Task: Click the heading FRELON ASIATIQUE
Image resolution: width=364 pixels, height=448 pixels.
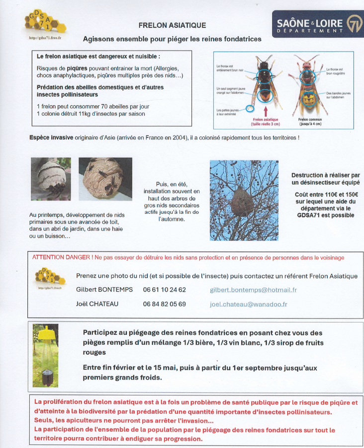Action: (172, 25)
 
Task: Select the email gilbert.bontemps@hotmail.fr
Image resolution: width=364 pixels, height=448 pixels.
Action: (253, 290)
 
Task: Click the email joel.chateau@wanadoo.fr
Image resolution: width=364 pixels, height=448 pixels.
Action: (249, 304)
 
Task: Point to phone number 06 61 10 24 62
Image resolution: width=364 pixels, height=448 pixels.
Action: (165, 290)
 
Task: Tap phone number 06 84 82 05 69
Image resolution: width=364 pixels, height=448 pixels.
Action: (165, 304)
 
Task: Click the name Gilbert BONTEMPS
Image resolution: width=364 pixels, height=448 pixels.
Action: (104, 290)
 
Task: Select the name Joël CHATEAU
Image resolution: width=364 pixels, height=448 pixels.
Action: (97, 304)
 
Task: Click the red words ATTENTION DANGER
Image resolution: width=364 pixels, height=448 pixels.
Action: (61, 257)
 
